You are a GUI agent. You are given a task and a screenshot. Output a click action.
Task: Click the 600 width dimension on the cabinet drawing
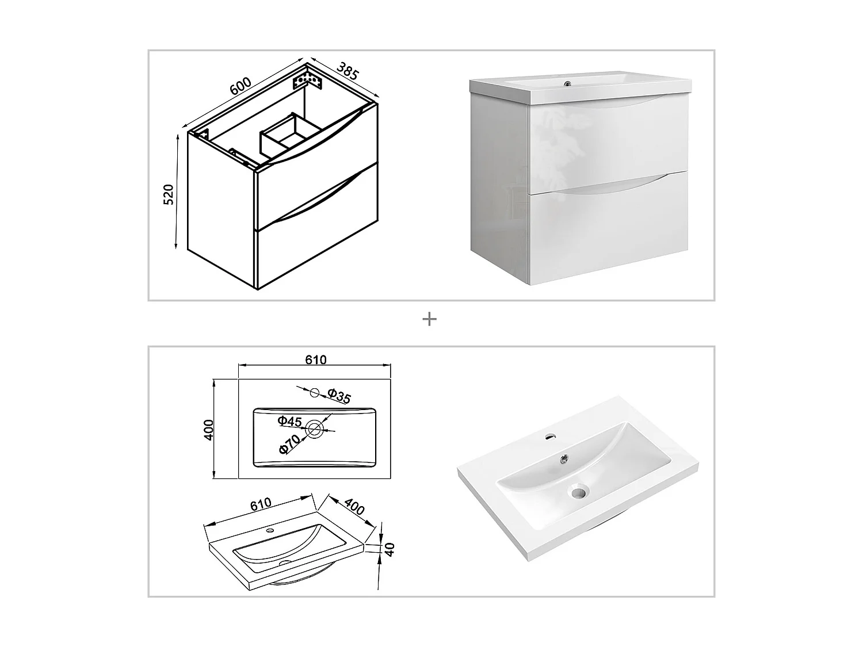point(240,86)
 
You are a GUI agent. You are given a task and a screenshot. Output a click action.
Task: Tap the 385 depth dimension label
point(348,71)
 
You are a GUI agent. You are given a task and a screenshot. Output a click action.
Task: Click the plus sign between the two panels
point(429,319)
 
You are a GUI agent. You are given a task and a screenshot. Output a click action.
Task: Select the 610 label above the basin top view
point(315,359)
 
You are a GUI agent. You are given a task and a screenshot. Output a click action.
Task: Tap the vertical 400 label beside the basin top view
point(209,429)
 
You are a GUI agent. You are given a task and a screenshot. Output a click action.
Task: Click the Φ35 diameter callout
point(339,396)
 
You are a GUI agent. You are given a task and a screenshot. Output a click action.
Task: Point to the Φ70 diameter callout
point(289,445)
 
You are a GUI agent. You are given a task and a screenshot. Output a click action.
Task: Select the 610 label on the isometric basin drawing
point(260,504)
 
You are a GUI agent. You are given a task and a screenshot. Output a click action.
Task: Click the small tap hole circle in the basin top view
point(314,392)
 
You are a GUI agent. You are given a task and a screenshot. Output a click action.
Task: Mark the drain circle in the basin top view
point(314,429)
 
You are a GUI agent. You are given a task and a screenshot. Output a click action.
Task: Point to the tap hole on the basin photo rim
point(549,437)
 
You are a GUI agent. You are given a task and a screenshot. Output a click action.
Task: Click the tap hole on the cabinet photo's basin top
point(568,83)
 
